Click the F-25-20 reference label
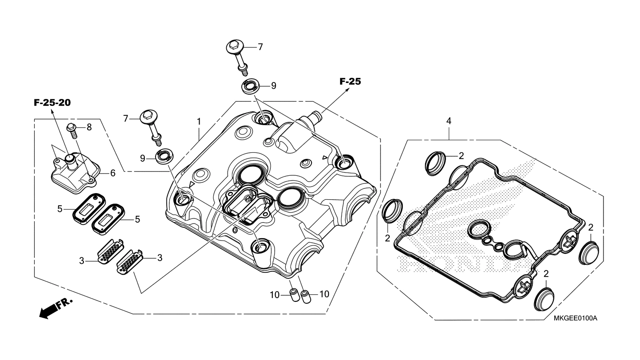coord(52,103)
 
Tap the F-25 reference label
coord(350,82)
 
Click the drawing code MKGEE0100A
coord(575,318)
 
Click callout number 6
coord(112,173)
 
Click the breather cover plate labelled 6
coord(75,171)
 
